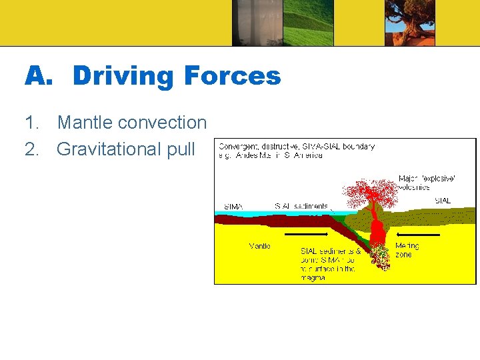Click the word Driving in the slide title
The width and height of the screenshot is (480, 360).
click(122, 77)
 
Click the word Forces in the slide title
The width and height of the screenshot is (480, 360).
click(232, 77)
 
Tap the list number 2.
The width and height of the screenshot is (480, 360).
click(31, 149)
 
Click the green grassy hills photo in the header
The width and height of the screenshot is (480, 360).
click(309, 23)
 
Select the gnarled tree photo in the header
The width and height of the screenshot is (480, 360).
click(409, 23)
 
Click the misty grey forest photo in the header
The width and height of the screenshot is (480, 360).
click(257, 23)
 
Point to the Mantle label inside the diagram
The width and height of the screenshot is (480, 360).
click(259, 246)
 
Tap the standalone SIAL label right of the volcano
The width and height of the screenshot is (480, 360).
click(442, 200)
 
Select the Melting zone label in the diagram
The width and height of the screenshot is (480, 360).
click(406, 250)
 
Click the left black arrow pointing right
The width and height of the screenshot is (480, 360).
click(306, 235)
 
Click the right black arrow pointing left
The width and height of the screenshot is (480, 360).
click(418, 235)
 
